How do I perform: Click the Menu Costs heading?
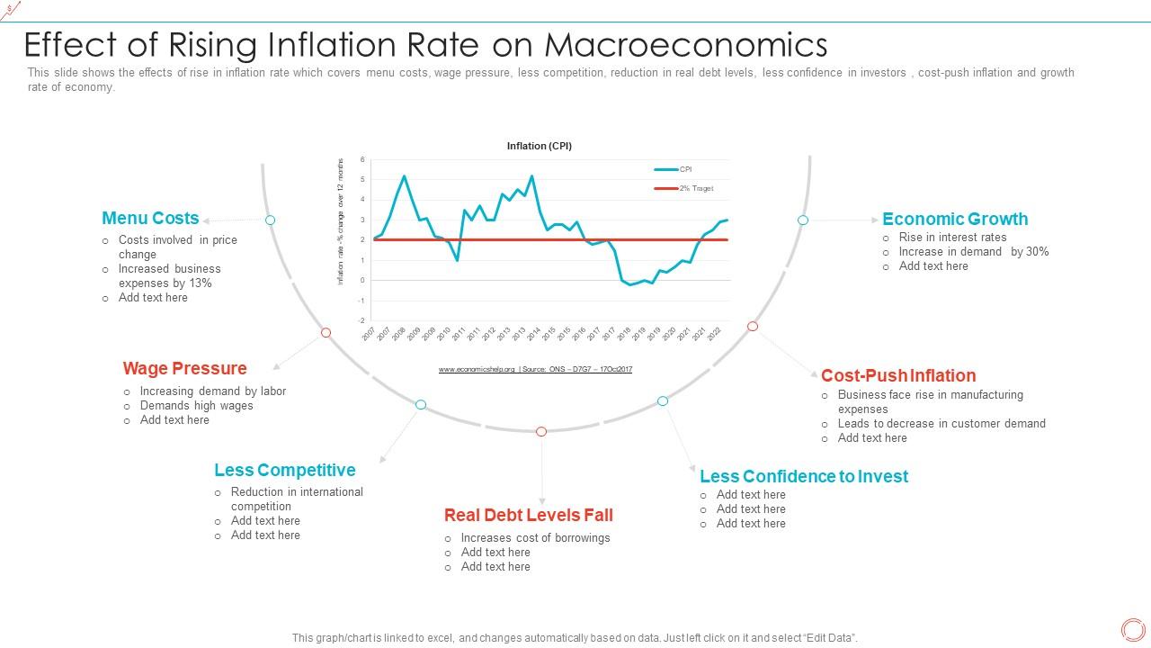[150, 219]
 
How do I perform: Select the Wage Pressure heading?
[184, 368]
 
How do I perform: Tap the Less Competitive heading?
[284, 470]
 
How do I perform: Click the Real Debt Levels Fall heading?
[528, 515]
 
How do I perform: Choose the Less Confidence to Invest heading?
[803, 476]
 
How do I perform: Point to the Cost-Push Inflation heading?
[897, 375]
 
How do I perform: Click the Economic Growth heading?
[954, 219]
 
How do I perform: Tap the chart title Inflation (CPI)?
[540, 146]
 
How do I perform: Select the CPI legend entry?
[684, 169]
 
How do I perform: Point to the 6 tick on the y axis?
[362, 160]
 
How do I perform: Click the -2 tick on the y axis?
[361, 320]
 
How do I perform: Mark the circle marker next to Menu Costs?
[270, 220]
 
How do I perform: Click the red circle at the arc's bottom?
[541, 432]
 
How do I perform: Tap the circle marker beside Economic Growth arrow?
[803, 220]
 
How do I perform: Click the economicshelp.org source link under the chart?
[477, 369]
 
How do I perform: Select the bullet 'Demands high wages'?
[196, 406]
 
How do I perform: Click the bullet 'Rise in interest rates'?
[952, 238]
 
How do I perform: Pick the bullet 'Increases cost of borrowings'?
[535, 538]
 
